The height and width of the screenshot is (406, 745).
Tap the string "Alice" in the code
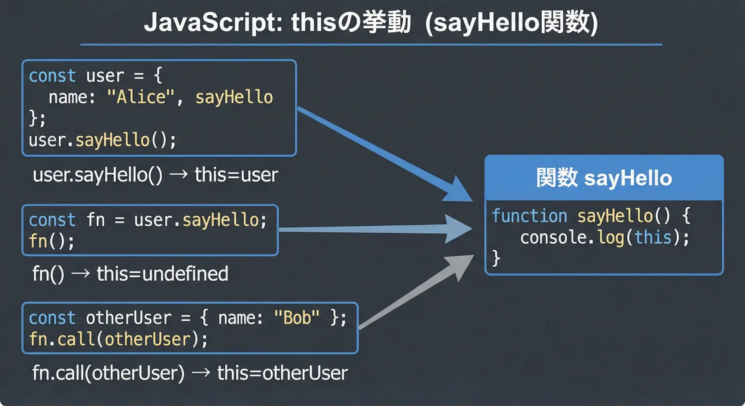click(x=140, y=97)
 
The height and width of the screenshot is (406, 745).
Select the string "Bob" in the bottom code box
click(x=297, y=318)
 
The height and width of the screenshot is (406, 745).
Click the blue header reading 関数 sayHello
click(x=604, y=178)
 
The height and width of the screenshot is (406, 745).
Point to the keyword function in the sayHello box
click(x=530, y=216)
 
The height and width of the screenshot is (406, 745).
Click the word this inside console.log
click(x=653, y=237)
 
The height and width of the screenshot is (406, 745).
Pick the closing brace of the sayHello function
click(x=496, y=258)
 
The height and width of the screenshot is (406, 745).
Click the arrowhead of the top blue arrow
click(x=458, y=189)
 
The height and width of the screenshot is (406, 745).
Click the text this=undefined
click(x=162, y=274)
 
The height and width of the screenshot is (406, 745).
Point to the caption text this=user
click(x=236, y=175)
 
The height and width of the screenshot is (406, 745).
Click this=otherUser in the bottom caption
click(x=282, y=373)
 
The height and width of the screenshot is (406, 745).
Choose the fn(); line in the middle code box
click(x=52, y=241)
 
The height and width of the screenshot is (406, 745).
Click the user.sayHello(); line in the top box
click(x=102, y=140)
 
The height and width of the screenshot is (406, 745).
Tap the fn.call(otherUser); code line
click(x=118, y=339)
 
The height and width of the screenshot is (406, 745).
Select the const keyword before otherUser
click(x=52, y=318)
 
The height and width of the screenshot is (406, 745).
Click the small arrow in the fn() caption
click(x=81, y=274)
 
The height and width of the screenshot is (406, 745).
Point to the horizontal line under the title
click(x=371, y=45)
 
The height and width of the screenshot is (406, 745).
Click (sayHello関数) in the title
click(x=511, y=22)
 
